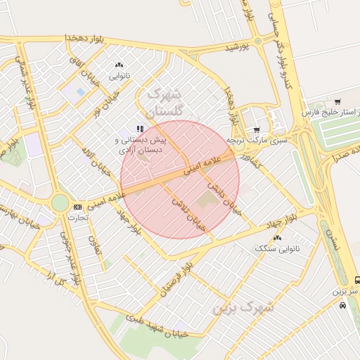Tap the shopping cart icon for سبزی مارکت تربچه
pos(257,129)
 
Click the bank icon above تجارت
pos(77,207)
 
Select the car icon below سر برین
pos(342,305)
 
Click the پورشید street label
pos(238,46)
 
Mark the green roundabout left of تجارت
pos(60,203)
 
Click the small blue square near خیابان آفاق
pos(80,91)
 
